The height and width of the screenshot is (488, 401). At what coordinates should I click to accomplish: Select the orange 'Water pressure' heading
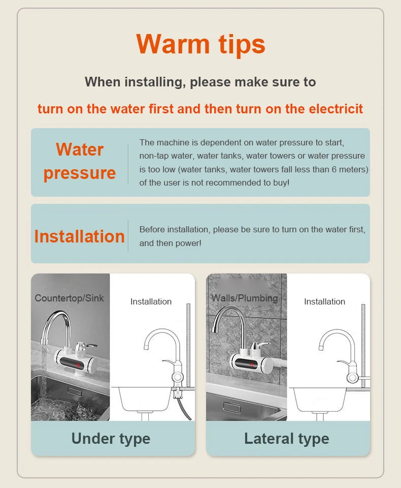tap(79, 161)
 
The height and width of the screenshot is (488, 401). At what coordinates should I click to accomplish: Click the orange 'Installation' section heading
tap(79, 236)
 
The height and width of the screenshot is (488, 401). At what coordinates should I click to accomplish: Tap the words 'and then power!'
tap(170, 243)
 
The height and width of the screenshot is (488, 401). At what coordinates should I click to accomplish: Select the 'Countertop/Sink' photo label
tap(69, 298)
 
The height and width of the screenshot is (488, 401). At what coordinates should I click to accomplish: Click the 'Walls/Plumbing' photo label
tap(245, 298)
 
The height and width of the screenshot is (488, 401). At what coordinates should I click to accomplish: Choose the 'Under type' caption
tap(111, 439)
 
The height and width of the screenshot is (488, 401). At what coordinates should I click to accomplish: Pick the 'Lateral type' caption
tap(286, 439)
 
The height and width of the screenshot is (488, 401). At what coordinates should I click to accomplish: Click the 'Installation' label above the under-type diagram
tap(151, 301)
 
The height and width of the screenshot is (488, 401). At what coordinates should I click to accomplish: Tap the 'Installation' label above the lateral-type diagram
tap(324, 301)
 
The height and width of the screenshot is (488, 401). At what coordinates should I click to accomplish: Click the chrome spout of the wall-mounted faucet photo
tap(225, 315)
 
